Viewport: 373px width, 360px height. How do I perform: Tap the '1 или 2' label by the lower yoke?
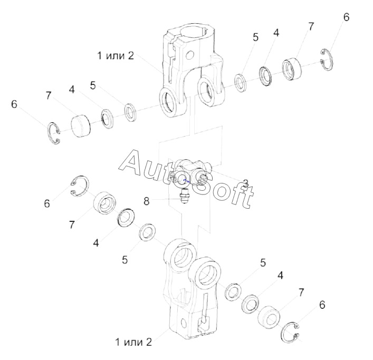133,342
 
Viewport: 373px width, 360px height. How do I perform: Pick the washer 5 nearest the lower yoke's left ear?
147,231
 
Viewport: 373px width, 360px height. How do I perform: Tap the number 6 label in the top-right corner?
346,17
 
